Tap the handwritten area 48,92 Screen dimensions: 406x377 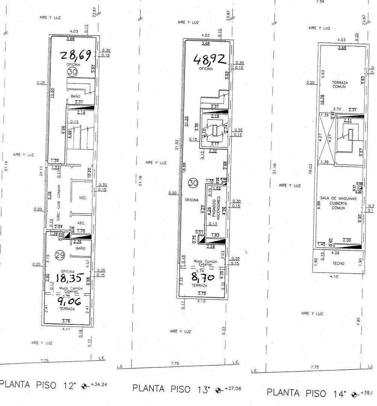(x=209, y=59)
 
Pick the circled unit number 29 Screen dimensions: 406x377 (x=60, y=255)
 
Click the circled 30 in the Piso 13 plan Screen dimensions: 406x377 (x=193, y=183)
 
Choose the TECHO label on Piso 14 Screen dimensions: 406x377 (x=338, y=264)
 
